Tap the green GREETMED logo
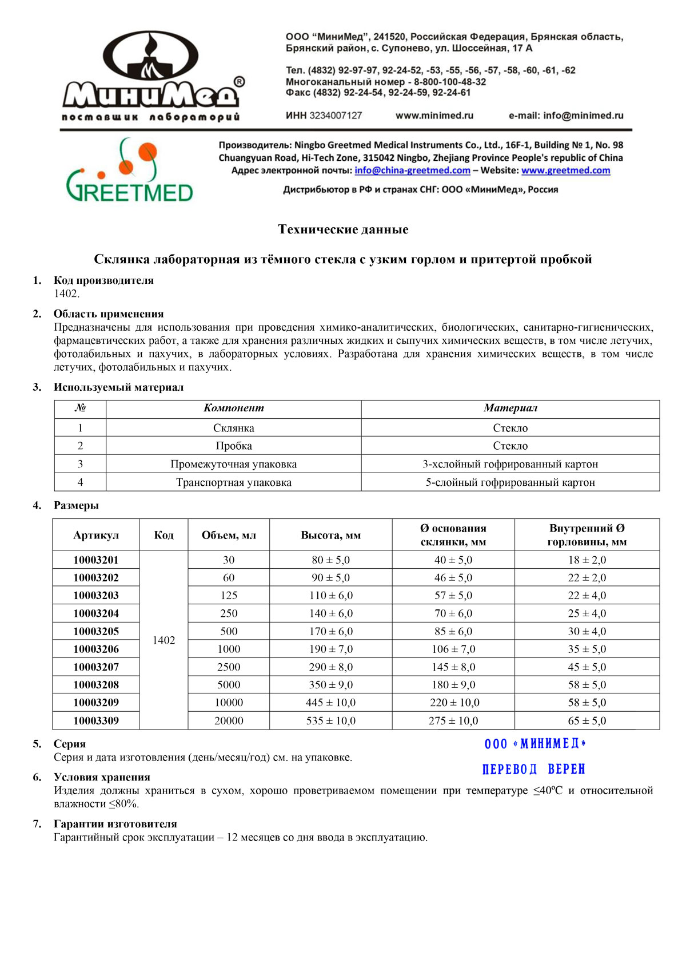[x=130, y=172]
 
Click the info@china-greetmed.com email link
[x=412, y=171]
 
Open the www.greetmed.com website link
[x=565, y=171]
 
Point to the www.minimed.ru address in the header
[x=434, y=116]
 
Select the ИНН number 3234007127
[x=336, y=116]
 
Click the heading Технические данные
[x=343, y=229]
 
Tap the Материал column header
[x=510, y=409]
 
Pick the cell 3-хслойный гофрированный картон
[x=510, y=464]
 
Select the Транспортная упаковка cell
[x=233, y=482]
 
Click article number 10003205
[x=96, y=631]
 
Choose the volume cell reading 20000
[x=229, y=721]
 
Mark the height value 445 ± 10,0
[x=330, y=703]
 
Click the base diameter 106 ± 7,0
[x=453, y=649]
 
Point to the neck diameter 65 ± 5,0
[x=587, y=721]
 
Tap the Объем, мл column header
[x=229, y=535]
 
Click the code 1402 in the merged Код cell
[x=163, y=640]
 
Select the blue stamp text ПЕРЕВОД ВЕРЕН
[x=534, y=769]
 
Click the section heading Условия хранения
[x=102, y=777]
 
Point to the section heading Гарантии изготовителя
[x=115, y=824]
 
